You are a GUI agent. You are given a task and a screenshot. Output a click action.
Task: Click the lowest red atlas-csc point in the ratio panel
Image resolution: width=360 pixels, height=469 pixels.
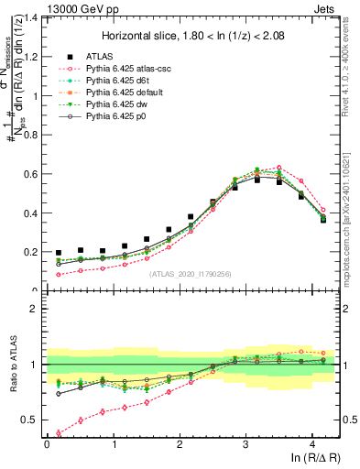tap(59, 433)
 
